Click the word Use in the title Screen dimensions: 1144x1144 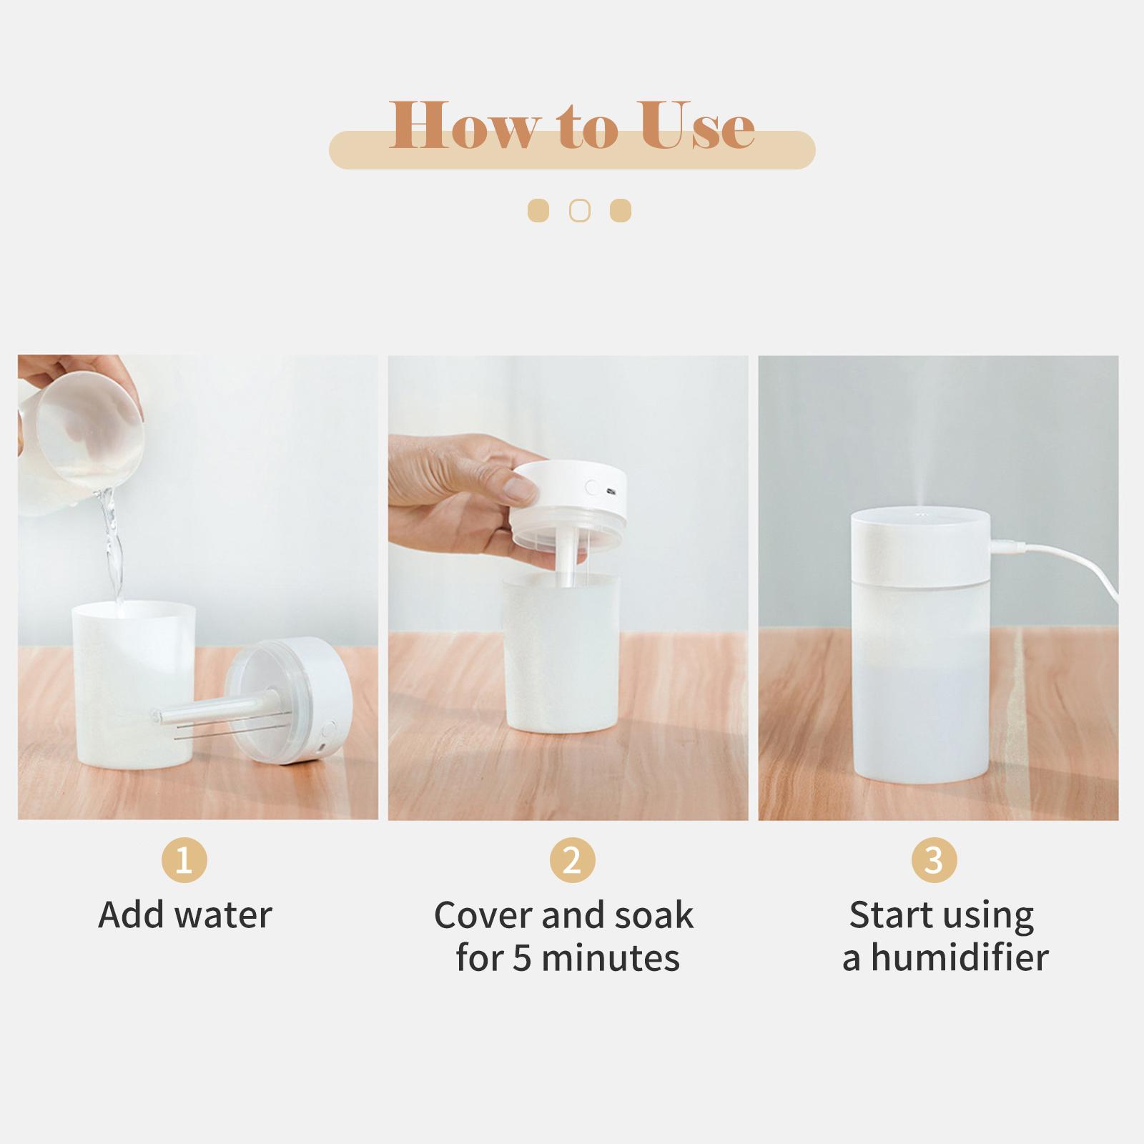point(697,125)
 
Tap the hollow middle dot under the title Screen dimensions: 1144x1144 point(579,211)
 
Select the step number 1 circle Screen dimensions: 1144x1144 point(184,860)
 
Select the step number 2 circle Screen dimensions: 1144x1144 point(572,860)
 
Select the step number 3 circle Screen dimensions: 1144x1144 point(934,860)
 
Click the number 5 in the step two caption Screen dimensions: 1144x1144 point(522,958)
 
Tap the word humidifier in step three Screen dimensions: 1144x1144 point(960,958)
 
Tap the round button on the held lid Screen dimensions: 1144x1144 point(591,489)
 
